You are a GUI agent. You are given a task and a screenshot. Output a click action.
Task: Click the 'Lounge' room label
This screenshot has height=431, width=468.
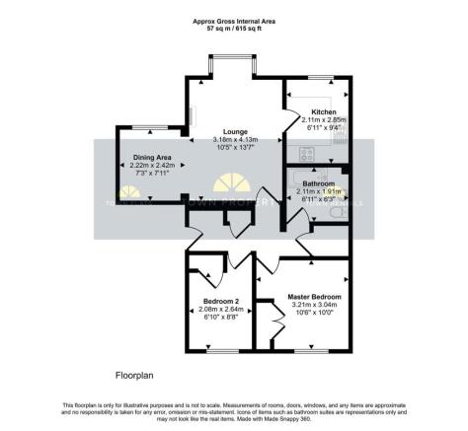pyautogui.click(x=234, y=131)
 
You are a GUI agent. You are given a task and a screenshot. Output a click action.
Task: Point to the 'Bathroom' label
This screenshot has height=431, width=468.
pyautogui.click(x=319, y=184)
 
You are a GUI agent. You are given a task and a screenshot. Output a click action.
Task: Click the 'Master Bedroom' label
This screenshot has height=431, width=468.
pyautogui.click(x=314, y=297)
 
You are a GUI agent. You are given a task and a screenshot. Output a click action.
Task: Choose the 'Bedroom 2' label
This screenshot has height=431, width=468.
pyautogui.click(x=220, y=301)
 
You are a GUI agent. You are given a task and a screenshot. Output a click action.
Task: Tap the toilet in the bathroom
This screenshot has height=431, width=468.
pyautogui.click(x=341, y=211)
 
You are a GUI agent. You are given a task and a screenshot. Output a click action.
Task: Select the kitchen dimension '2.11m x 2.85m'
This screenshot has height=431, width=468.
pyautogui.click(x=325, y=119)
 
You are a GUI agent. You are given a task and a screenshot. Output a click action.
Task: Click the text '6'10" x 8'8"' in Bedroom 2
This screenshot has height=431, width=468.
pyautogui.click(x=220, y=317)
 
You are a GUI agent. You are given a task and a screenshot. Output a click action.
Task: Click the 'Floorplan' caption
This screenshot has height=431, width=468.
pyautogui.click(x=134, y=376)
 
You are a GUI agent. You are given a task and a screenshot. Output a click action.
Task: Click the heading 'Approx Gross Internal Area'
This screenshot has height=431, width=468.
pyautogui.click(x=234, y=18)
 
